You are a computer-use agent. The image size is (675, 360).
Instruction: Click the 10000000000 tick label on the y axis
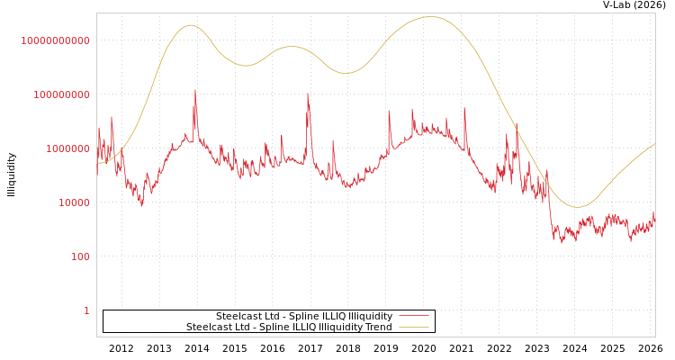pyautogui.click(x=56, y=40)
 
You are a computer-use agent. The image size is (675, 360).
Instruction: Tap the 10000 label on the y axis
pyautogui.click(x=74, y=202)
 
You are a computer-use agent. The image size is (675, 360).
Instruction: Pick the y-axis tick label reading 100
pyautogui.click(x=80, y=256)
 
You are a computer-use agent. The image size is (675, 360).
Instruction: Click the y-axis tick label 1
pyautogui.click(x=86, y=310)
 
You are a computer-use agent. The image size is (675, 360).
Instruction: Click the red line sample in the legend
pyautogui.click(x=413, y=316)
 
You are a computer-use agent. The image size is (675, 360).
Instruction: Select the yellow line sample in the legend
pyautogui.click(x=413, y=327)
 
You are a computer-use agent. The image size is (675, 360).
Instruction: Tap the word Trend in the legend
pyautogui.click(x=377, y=327)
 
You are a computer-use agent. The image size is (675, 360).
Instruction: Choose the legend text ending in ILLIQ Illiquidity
pyautogui.click(x=304, y=316)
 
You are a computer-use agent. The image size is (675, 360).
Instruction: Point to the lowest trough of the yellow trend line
pyautogui.click(x=578, y=207)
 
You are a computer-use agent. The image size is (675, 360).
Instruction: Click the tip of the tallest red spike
pyautogui.click(x=195, y=89)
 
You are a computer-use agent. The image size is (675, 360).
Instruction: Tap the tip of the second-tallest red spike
pyautogui.click(x=308, y=93)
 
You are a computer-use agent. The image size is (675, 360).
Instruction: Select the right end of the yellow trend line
pyautogui.click(x=654, y=144)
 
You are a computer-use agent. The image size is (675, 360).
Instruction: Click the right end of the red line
pyautogui.click(x=654, y=213)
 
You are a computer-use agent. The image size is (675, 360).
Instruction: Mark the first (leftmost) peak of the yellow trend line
pyautogui.click(x=190, y=25)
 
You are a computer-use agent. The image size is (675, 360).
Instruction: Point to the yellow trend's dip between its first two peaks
pyautogui.click(x=247, y=66)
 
